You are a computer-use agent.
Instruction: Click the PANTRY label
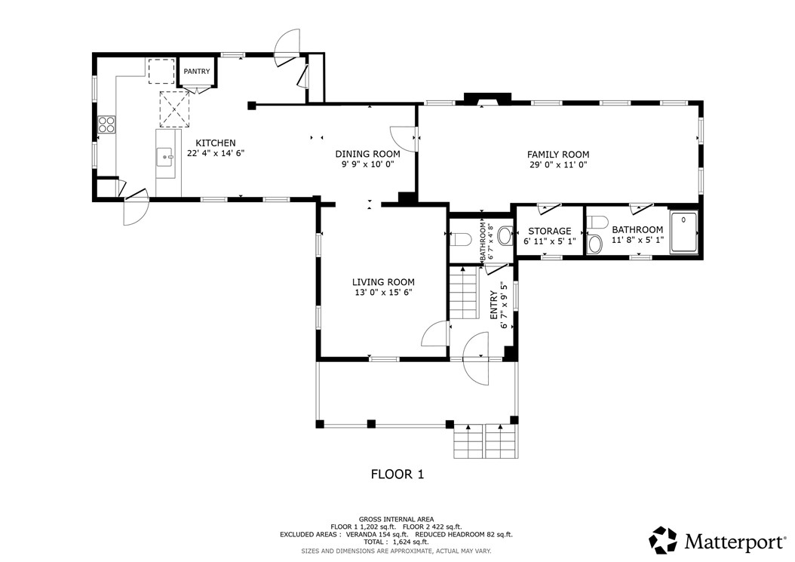pos(197,72)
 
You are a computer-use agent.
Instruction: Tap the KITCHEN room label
pos(216,143)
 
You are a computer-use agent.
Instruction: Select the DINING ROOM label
pos(367,154)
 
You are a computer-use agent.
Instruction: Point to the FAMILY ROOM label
pos(558,154)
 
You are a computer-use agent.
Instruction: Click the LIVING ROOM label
pos(383,282)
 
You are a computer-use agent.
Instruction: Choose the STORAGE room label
pos(550,231)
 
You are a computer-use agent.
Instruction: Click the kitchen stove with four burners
pos(106,124)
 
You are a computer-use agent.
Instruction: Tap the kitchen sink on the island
pos(165,157)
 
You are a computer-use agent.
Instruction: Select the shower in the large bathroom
pos(683,232)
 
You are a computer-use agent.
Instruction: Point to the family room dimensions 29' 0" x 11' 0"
pos(558,165)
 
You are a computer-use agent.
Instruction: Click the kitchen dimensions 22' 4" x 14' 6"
pos(216,153)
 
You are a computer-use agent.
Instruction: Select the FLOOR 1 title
pos(397,474)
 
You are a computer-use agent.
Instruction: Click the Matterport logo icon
pos(663,540)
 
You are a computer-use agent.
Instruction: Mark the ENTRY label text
pos(494,305)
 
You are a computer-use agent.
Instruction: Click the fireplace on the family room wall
pos(487,99)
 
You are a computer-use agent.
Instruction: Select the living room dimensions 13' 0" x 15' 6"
pos(383,293)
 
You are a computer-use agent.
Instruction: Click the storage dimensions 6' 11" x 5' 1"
pos(550,241)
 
